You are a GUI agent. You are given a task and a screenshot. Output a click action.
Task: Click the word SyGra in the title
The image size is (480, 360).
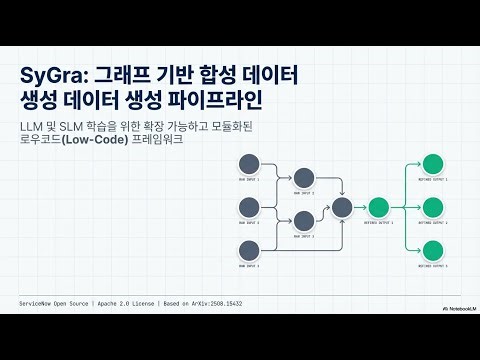coord(51,77)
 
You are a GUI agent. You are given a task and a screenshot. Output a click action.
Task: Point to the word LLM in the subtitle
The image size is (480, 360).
coord(33,125)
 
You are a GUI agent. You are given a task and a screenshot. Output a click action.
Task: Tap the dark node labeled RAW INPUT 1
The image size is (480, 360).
coord(250,163)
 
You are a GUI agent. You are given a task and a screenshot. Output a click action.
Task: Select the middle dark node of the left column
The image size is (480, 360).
coord(250,207)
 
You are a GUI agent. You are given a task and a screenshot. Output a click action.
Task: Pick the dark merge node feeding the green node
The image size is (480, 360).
coord(341,207)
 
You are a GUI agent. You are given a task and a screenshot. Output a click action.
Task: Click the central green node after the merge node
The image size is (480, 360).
coord(378,207)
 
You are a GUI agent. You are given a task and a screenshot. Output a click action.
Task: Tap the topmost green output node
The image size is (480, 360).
coord(432,163)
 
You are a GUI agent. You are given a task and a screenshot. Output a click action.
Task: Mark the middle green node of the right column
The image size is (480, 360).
coord(432,207)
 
